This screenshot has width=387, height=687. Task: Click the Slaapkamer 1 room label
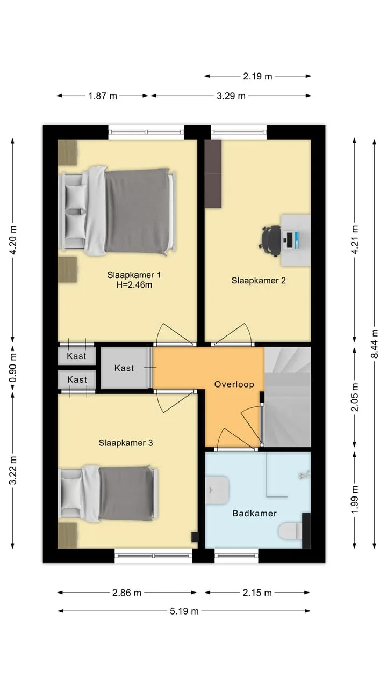click(x=134, y=275)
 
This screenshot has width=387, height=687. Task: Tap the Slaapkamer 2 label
click(x=259, y=280)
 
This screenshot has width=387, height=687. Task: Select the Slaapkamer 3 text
click(x=126, y=443)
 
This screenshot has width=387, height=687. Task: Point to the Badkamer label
click(x=255, y=514)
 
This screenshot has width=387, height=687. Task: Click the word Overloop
click(x=234, y=384)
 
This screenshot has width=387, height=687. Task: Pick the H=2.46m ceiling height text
click(x=134, y=285)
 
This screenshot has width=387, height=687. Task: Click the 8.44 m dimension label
click(x=375, y=343)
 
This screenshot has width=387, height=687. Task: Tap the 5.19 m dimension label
click(x=184, y=611)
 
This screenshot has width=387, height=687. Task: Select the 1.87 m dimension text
click(x=103, y=96)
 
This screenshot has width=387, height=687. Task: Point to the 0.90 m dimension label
click(x=12, y=368)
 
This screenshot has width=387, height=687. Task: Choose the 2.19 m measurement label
click(x=257, y=76)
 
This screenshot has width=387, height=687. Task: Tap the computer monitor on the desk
click(x=289, y=240)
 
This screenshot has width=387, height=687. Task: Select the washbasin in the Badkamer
click(x=217, y=490)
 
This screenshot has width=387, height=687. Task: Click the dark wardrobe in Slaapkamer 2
click(x=213, y=174)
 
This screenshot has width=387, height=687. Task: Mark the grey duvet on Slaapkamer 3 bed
click(x=126, y=493)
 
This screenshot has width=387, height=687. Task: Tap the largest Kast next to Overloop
click(x=124, y=368)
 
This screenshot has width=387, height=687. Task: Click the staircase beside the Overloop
click(x=288, y=397)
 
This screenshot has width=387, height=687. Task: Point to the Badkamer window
click(x=236, y=556)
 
